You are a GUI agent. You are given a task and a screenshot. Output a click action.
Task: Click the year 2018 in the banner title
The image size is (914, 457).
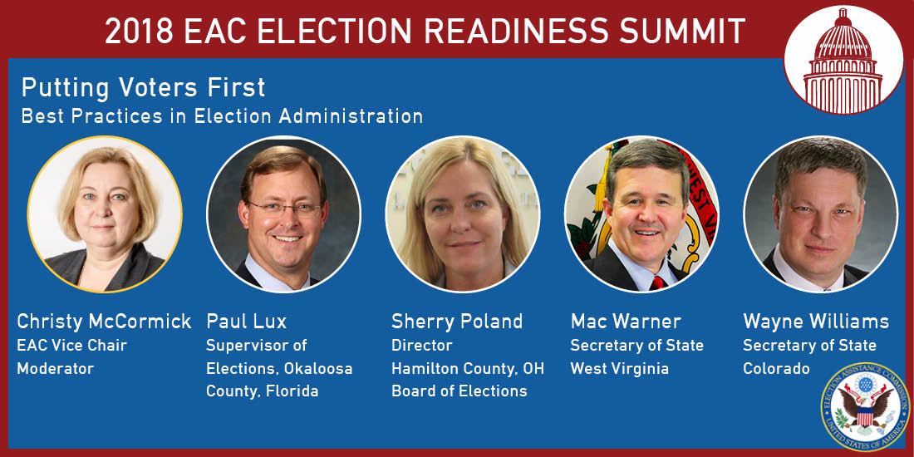click(x=139, y=31)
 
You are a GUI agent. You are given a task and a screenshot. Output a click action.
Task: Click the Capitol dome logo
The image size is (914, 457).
click(x=843, y=59)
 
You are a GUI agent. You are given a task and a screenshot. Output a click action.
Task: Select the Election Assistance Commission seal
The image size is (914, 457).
click(x=865, y=406)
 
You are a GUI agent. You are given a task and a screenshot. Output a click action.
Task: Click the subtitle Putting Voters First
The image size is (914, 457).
click(x=144, y=87)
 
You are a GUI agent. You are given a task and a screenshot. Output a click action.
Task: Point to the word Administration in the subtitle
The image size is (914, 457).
click(x=351, y=116)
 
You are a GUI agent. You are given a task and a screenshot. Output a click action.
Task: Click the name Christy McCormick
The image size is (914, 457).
click(x=104, y=322)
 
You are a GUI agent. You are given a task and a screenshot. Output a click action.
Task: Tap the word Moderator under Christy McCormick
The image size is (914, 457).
click(x=56, y=369)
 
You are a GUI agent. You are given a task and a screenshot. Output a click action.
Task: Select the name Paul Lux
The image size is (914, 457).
click(x=247, y=322)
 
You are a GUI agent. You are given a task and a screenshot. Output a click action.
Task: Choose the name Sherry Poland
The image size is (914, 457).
click(x=457, y=322)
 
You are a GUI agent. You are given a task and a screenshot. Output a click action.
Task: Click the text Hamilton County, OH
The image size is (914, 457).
click(x=468, y=369)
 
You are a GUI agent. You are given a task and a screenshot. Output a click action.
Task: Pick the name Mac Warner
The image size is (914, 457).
click(x=626, y=322)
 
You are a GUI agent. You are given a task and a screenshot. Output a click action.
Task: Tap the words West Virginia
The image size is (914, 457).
click(x=619, y=369)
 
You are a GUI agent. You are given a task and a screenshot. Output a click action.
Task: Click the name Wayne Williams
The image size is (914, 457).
click(x=816, y=322)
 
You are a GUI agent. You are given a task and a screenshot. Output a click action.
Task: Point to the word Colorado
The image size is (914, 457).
click(x=776, y=369)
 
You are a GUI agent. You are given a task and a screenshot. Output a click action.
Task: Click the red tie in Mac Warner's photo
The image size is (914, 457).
click(x=657, y=283)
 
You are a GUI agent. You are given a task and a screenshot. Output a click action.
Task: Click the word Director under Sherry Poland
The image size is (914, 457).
click(x=421, y=345)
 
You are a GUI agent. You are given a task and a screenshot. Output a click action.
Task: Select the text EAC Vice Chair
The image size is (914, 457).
click(x=71, y=345)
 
